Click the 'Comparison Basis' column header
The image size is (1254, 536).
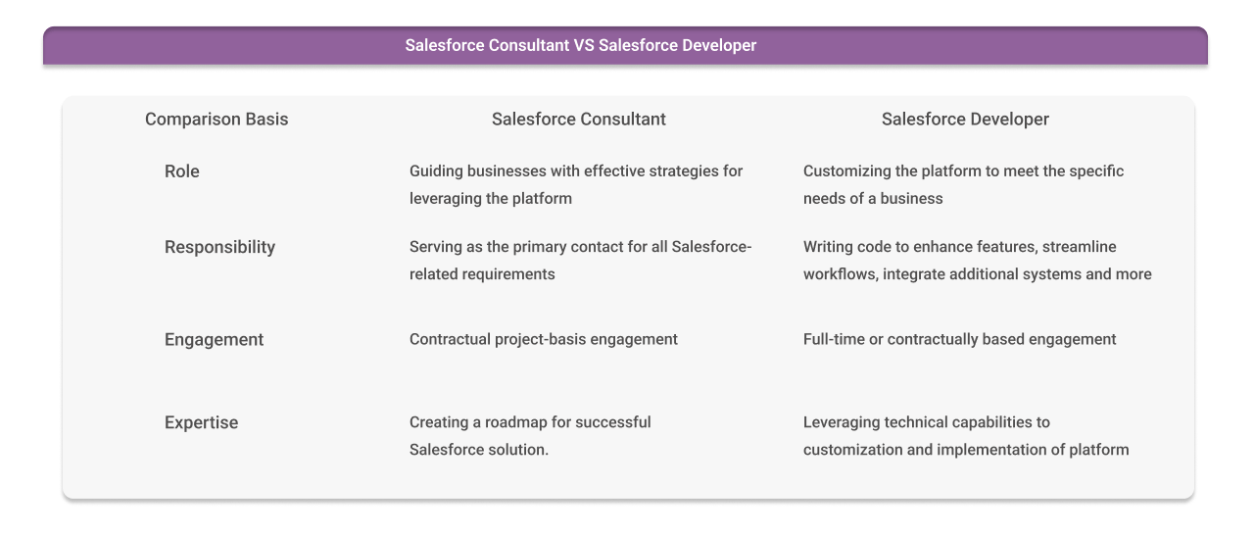[217, 120]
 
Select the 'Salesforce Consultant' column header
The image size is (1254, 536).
[578, 120]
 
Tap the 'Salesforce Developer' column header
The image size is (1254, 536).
[965, 120]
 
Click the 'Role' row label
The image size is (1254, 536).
[182, 171]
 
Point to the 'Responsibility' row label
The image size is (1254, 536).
[219, 247]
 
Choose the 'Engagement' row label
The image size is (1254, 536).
[214, 340]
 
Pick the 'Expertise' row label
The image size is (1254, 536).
[201, 423]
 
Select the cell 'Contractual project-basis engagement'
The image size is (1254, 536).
[544, 340]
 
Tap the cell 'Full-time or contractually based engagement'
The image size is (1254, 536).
[959, 340]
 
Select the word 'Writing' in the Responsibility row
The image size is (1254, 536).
[829, 247]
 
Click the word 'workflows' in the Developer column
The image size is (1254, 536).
[840, 274]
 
